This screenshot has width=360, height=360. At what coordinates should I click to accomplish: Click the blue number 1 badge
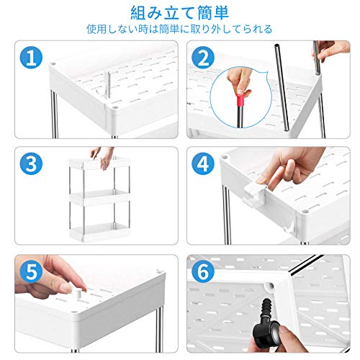31,58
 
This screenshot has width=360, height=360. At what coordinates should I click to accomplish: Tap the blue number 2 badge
203,58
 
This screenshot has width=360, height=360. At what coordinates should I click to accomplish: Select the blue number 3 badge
31,163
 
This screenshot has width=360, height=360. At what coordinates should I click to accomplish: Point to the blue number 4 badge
203,163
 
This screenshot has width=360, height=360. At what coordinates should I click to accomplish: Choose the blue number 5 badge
31,271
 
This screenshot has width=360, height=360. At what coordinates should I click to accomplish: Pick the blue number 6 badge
203,271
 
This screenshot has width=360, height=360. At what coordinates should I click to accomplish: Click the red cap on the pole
240,100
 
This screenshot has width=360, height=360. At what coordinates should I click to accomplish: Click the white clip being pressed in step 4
255,192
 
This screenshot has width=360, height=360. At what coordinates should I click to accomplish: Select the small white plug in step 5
77,293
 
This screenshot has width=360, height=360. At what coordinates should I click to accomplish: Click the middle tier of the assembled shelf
99,197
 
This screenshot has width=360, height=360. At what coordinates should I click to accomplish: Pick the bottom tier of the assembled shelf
99,232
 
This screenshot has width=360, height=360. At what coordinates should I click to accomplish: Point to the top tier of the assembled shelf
99,163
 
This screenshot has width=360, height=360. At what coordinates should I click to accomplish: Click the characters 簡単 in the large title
212,13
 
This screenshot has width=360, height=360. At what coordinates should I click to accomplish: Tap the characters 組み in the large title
146,13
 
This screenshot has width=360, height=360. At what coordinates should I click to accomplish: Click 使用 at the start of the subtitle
96,29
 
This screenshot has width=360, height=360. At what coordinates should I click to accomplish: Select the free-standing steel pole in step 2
282,87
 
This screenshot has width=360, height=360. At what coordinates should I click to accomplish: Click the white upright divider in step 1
107,84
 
